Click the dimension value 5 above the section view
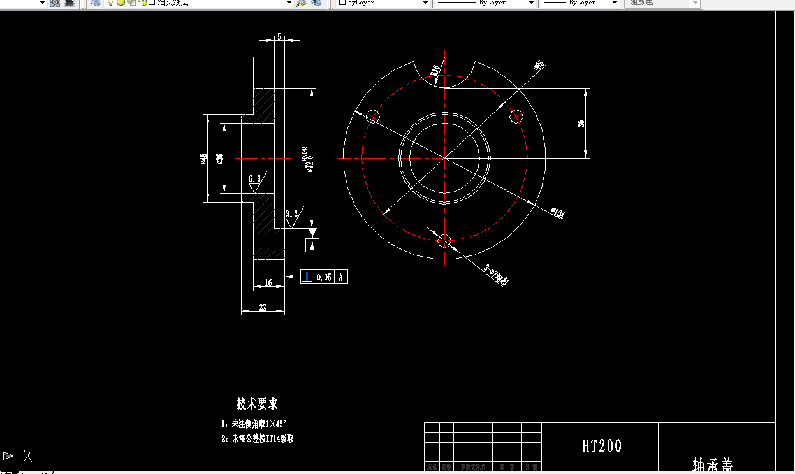(279, 37)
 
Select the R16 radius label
(436, 70)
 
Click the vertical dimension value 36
(581, 122)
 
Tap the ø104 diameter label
(557, 213)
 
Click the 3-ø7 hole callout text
(496, 276)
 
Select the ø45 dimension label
(203, 158)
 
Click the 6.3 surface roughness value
(254, 179)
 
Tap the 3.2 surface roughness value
(292, 214)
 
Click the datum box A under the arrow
(312, 245)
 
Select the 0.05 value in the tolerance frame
(324, 276)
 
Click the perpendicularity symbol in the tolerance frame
(307, 276)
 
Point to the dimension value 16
(268, 283)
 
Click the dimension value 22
(262, 307)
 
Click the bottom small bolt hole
(445, 240)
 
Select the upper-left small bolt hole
(373, 116)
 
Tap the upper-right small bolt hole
(516, 116)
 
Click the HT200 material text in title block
(601, 446)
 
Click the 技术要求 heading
(257, 404)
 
